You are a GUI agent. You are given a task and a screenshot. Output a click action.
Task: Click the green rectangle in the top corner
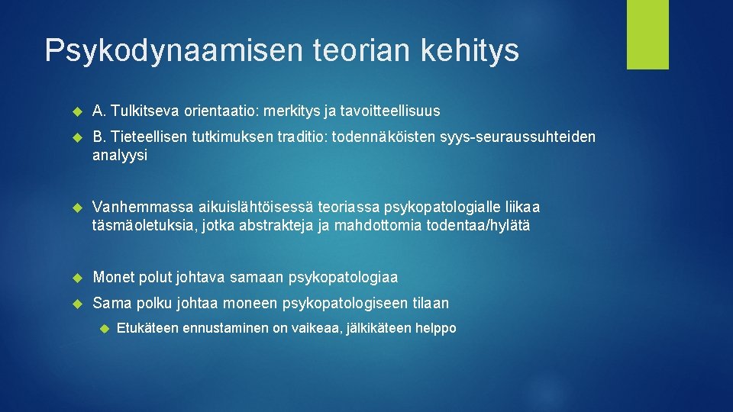647,34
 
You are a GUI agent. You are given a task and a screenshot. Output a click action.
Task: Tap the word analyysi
121,155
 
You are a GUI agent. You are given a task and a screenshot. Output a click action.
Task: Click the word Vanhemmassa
142,208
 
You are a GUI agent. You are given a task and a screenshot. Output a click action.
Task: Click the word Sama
111,304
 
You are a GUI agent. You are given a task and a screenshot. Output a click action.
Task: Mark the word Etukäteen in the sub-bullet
148,329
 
